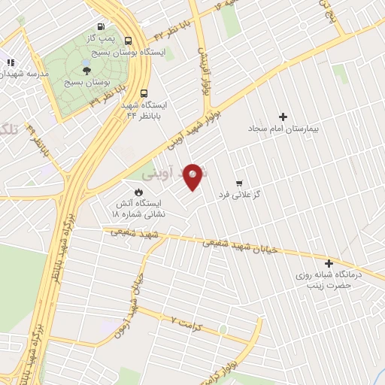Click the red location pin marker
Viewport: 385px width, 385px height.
(x=194, y=176)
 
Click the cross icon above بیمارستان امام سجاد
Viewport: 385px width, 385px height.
(x=283, y=117)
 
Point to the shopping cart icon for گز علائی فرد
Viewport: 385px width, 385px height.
(x=239, y=183)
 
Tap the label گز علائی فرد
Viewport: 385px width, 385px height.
(x=239, y=195)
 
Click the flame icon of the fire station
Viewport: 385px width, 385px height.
(x=139, y=192)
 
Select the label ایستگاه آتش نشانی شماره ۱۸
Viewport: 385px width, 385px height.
(x=138, y=208)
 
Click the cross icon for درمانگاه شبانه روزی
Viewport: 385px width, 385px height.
(x=329, y=263)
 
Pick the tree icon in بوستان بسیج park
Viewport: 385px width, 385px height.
(x=87, y=70)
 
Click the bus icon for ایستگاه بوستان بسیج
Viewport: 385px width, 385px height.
(x=129, y=41)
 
